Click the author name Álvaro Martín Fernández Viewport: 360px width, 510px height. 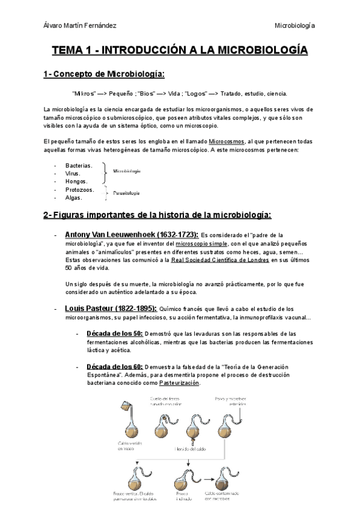[x=81, y=25]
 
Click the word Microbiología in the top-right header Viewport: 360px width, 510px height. [x=294, y=25]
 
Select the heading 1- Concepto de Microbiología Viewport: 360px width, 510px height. [x=103, y=74]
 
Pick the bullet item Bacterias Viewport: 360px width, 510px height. [x=79, y=165]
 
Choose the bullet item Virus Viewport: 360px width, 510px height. [x=73, y=173]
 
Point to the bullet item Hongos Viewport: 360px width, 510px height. [x=76, y=181]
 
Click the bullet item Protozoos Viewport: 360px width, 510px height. [x=80, y=189]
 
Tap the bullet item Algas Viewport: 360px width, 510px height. [x=74, y=197]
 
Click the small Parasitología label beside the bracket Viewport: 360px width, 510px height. [x=127, y=193]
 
